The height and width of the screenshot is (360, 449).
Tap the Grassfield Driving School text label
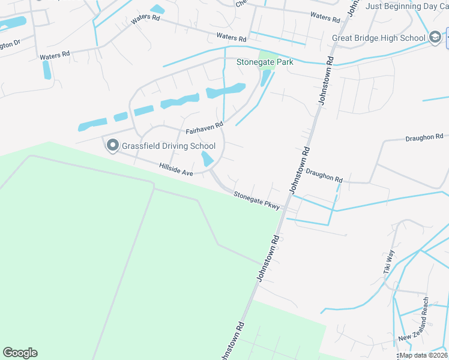pos(169,146)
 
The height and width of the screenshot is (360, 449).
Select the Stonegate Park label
pos(264,61)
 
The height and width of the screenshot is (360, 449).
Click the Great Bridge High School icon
pos(435,38)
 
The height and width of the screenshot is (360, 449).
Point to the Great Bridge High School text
pos(378,38)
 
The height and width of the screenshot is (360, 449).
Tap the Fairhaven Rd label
pos(204,127)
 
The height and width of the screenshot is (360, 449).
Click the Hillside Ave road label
pos(176,169)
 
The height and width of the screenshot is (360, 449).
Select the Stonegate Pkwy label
pos(257,200)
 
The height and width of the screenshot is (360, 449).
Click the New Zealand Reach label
pos(421,320)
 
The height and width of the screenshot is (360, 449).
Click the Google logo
pos(20,353)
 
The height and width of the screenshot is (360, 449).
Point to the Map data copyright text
pos(423,355)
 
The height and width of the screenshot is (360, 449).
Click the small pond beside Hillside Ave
pos(208,159)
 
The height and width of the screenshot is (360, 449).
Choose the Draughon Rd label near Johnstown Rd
pos(324,175)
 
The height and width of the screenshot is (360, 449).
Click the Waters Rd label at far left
pos(55,55)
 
